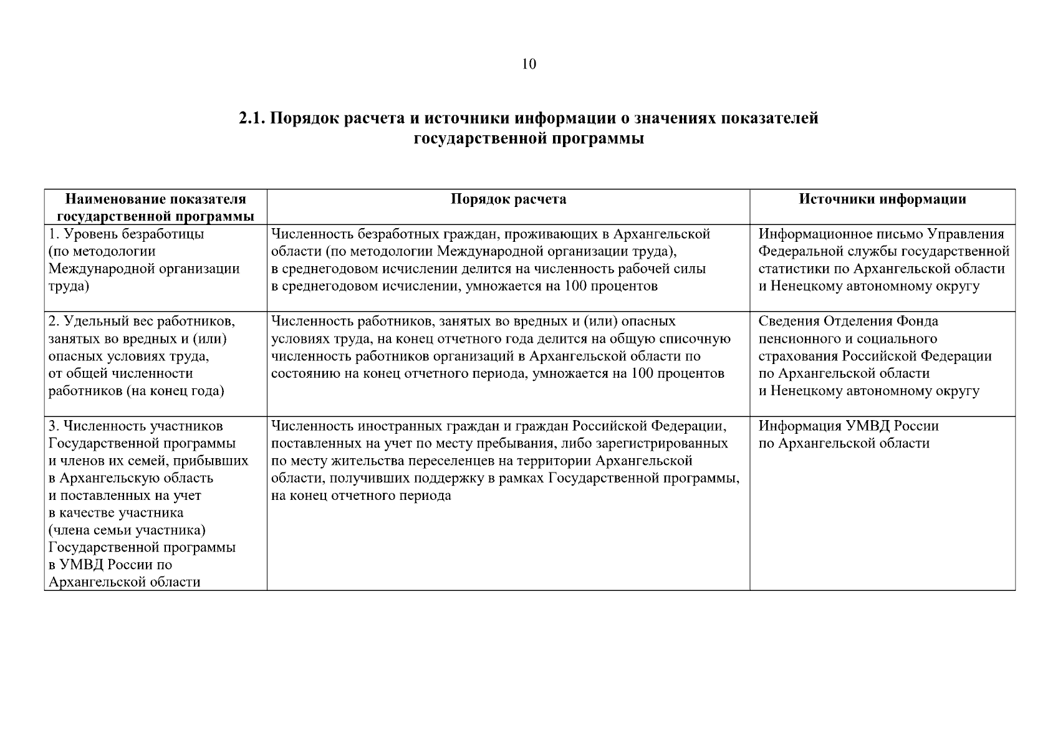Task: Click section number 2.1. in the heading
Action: coord(252,118)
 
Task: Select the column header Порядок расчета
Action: coord(508,199)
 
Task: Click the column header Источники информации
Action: coord(882,199)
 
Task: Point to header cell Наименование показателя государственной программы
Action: coord(156,208)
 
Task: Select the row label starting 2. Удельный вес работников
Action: coord(142,322)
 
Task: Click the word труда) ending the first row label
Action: coord(69,287)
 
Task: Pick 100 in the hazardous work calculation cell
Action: coord(643,374)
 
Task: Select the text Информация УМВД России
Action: coord(848,426)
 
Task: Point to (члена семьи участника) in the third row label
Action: coord(127,530)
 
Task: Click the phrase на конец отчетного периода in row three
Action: coord(362,496)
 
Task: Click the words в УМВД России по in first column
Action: coord(110,565)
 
